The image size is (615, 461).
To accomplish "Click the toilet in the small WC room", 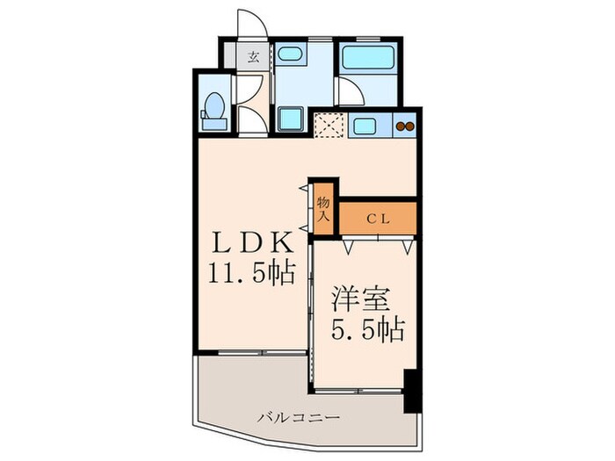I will tap(213, 106).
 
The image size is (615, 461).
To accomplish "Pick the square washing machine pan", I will tap(290, 119).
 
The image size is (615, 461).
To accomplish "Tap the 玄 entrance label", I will tap(253, 57).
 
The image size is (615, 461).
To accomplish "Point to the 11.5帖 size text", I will tap(250, 273).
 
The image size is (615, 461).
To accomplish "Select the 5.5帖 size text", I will tap(366, 329).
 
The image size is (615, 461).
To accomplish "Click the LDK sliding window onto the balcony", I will tap(250, 354).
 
